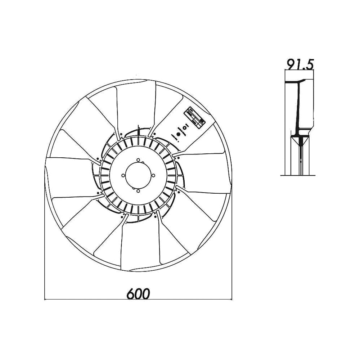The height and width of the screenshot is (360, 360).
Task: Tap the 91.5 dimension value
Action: [300, 64]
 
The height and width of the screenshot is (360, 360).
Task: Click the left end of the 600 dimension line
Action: [44, 298]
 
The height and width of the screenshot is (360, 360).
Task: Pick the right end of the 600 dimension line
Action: [232, 298]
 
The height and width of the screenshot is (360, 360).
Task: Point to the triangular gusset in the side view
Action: [300, 141]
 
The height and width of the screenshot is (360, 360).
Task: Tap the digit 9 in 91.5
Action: [290, 64]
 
